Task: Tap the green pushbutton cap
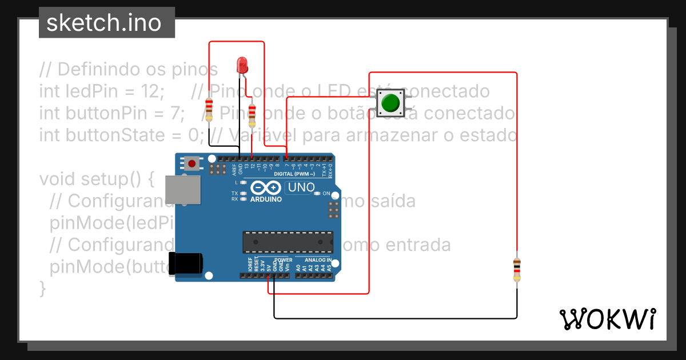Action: click(x=390, y=103)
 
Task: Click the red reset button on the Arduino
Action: click(x=192, y=163)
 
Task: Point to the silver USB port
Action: click(x=183, y=190)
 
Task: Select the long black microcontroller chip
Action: click(x=288, y=242)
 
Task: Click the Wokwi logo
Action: click(x=607, y=319)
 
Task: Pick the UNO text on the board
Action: click(x=301, y=187)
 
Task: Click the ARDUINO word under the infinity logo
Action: click(x=266, y=199)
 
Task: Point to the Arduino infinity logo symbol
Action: click(x=266, y=187)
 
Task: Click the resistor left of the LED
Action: click(x=209, y=109)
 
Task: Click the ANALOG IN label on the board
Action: click(x=318, y=260)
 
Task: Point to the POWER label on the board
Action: click(x=283, y=260)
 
